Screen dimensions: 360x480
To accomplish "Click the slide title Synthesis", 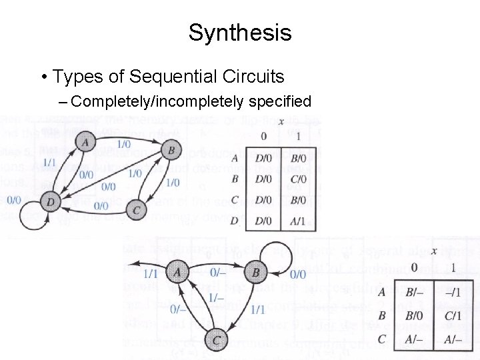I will pos(240,33).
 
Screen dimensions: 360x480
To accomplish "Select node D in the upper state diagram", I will pos(49,200).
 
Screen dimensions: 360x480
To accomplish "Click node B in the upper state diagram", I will pos(171,151).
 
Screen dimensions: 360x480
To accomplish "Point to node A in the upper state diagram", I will pos(84,141).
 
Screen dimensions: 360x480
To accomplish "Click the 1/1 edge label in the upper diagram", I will pos(49,162).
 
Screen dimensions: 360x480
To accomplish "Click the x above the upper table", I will pos(281,121).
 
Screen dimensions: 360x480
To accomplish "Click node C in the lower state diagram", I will pos(217,339).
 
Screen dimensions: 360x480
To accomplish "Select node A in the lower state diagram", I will pos(176,272).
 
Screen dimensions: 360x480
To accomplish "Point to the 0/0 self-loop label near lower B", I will pos(297,274).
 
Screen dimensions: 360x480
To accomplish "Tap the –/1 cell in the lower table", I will pos(455,291).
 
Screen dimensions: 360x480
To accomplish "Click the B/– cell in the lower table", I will pos(416,291).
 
